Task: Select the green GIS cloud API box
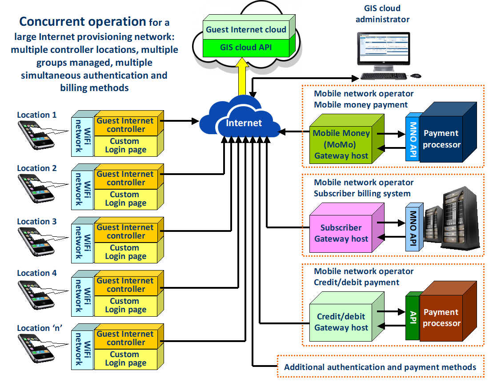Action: (x=246, y=47)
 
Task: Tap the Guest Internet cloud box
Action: (x=246, y=30)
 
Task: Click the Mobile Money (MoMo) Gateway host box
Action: (x=341, y=144)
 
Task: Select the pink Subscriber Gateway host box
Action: (x=341, y=233)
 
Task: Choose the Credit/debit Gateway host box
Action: (x=342, y=322)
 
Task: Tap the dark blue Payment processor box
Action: (x=441, y=139)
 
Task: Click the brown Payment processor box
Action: (x=441, y=318)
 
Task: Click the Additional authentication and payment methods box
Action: (x=380, y=367)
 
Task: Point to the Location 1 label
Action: (x=37, y=115)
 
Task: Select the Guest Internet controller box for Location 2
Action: (x=126, y=178)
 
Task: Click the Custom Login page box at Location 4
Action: (x=125, y=305)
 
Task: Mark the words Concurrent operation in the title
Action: (x=83, y=21)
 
